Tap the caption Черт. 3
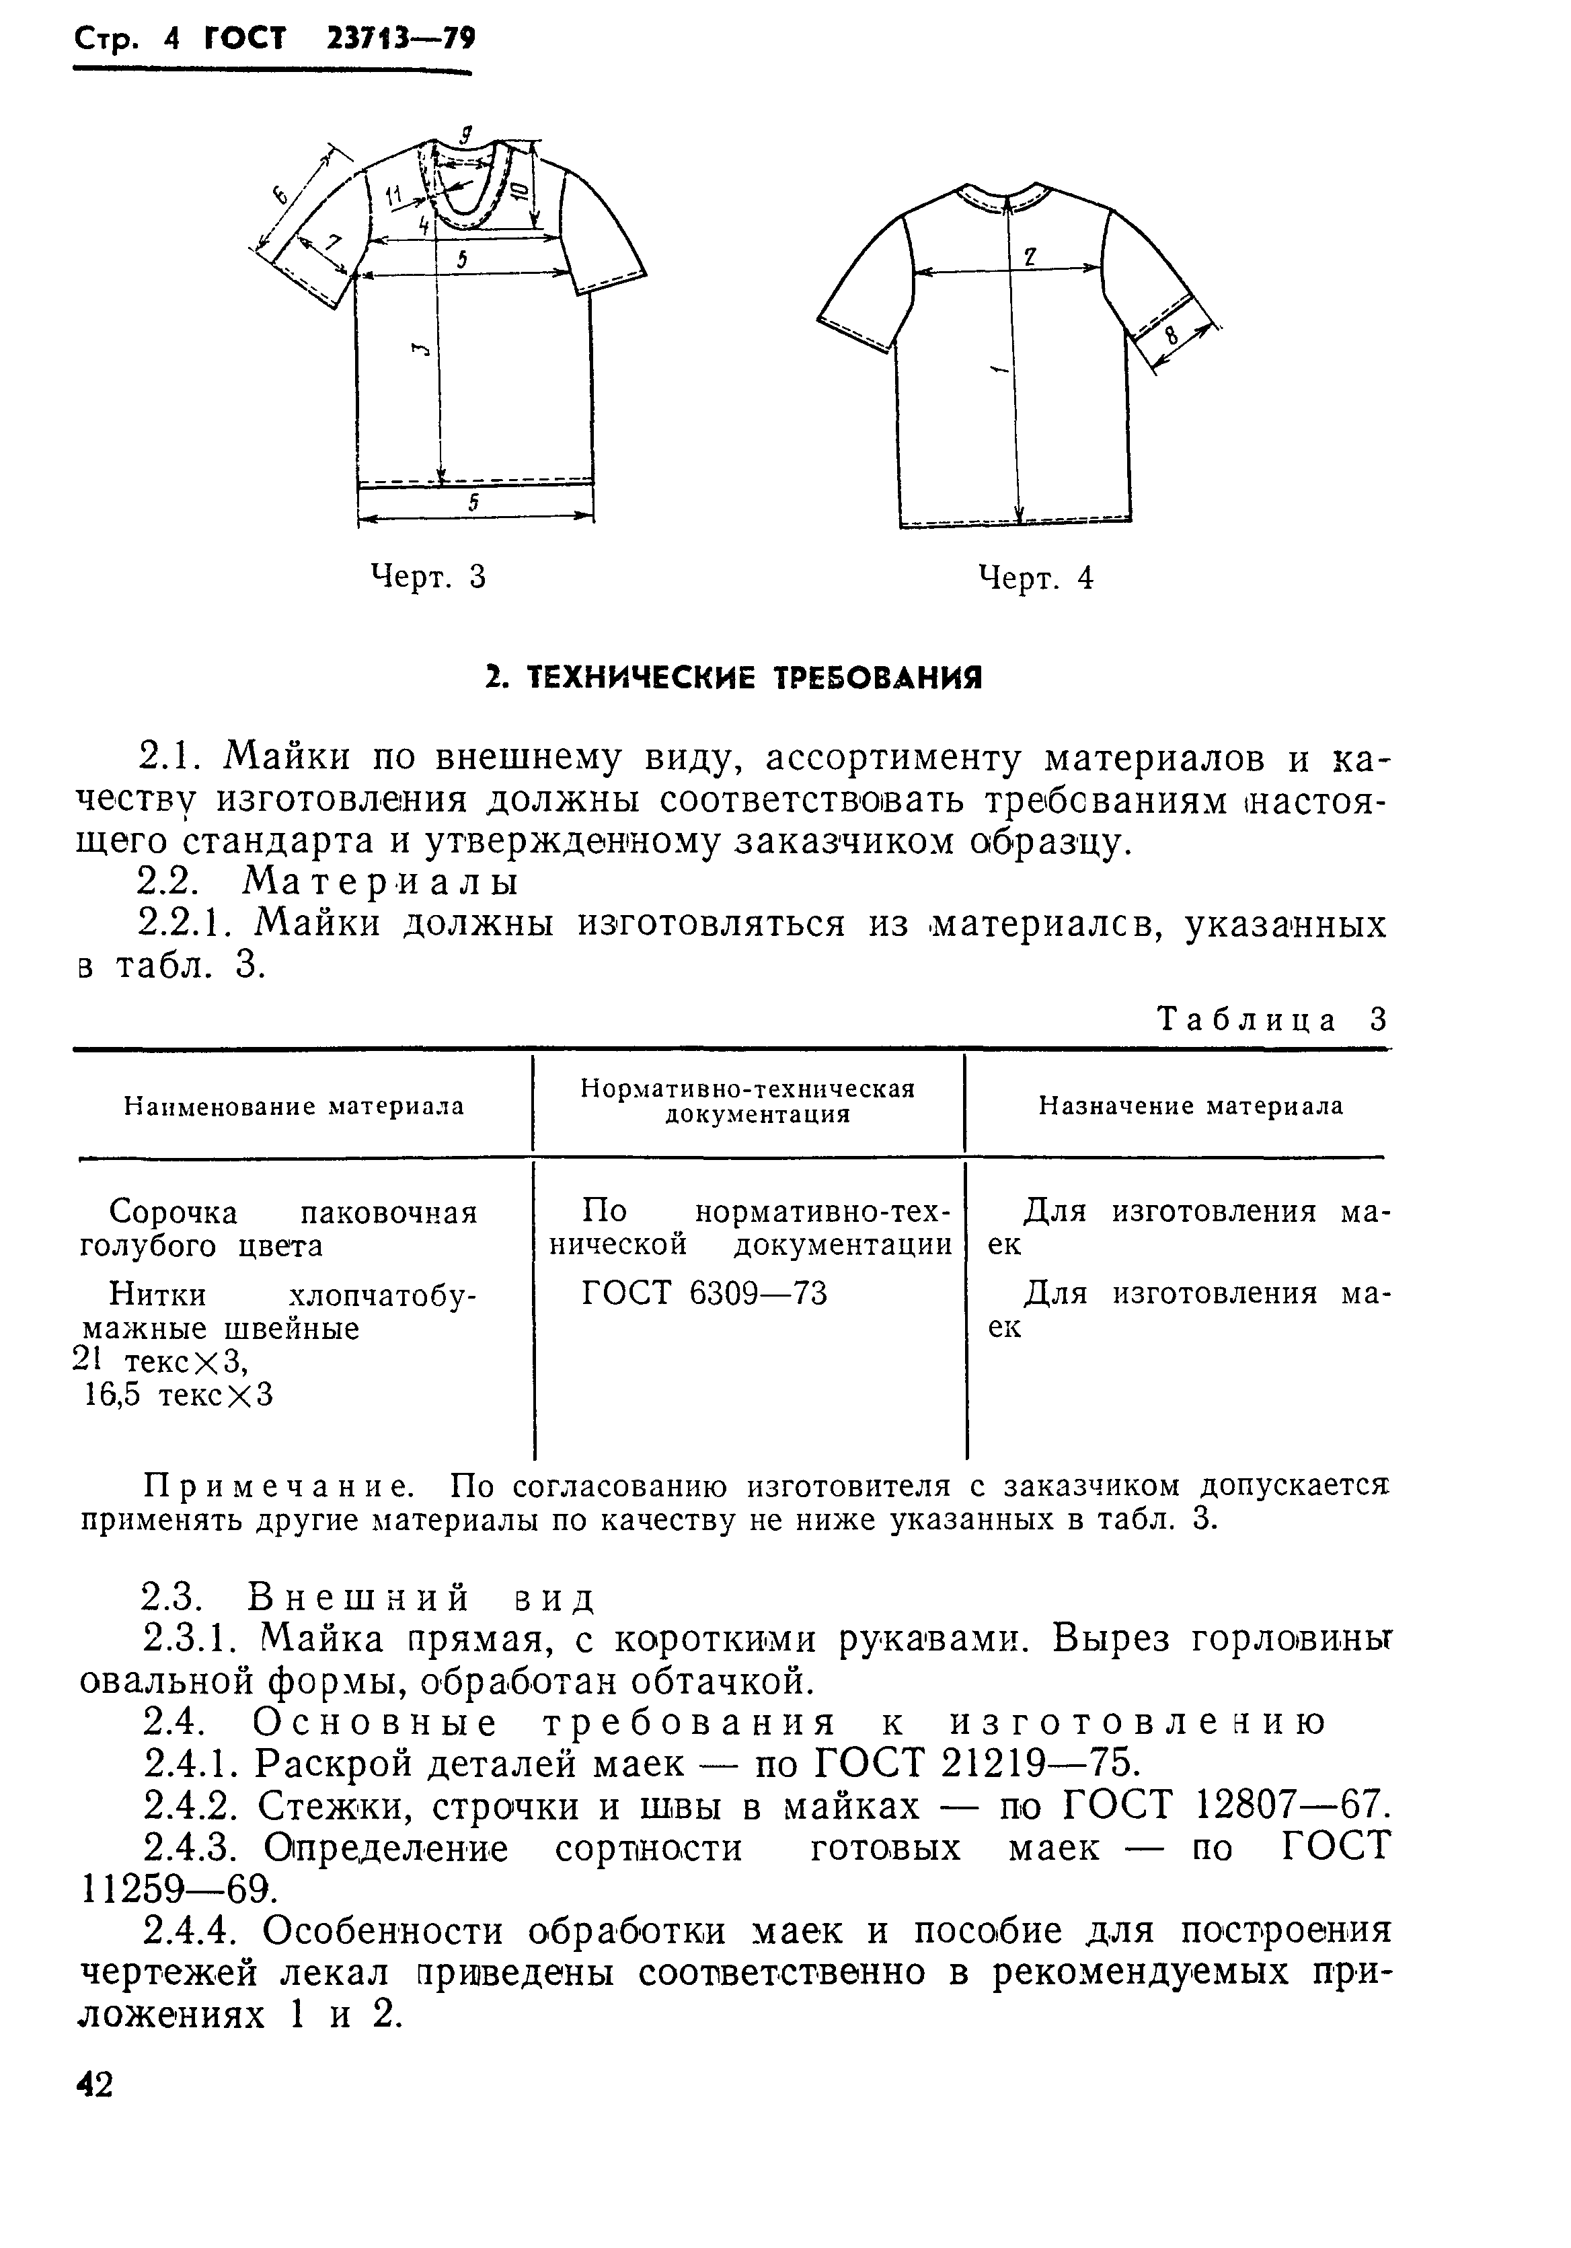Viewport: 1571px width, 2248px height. pos(428,578)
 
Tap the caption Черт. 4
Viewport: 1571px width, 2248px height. pos(1036,579)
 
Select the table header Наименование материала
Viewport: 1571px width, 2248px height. pos(294,1106)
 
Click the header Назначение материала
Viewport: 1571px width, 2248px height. pos(1190,1106)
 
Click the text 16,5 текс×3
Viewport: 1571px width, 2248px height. pos(177,1394)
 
